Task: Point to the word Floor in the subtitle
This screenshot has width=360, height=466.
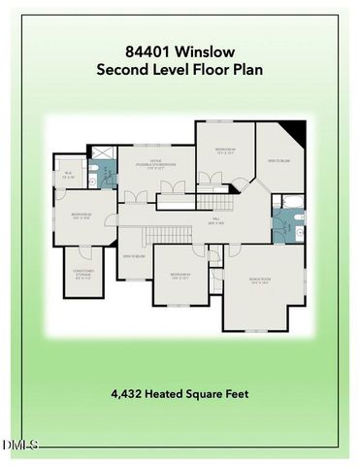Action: pos(207,69)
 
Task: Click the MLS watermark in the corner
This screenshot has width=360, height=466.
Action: pos(19,446)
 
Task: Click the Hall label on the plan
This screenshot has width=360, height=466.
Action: pos(217,219)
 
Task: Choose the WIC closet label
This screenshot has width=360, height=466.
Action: pos(68,177)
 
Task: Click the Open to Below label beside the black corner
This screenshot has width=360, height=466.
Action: pos(278,160)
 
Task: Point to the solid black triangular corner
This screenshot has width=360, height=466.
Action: pos(296,132)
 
